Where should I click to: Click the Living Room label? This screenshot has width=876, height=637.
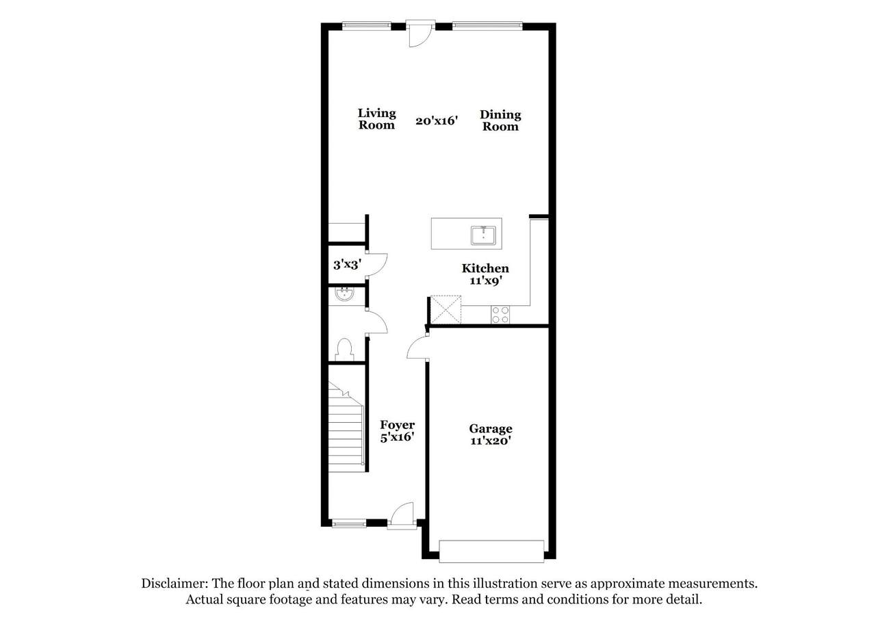(376, 119)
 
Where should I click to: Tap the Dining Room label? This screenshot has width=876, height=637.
(500, 120)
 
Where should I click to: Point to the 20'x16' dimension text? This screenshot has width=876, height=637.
(437, 121)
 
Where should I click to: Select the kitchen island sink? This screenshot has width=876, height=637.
(483, 235)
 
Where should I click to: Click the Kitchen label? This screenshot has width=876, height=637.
(485, 268)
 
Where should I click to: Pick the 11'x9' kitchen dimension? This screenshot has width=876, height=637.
(485, 281)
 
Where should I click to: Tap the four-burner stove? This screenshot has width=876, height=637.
(500, 315)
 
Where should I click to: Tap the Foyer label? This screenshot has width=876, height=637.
(398, 425)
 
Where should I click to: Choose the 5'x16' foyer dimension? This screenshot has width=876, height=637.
(398, 437)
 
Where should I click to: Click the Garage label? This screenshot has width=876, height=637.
(491, 429)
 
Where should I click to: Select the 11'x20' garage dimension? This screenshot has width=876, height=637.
(491, 441)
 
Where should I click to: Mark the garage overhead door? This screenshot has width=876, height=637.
(491, 551)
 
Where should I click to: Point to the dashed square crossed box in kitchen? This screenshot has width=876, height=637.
(446, 310)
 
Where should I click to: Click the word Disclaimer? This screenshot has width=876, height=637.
(175, 584)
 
